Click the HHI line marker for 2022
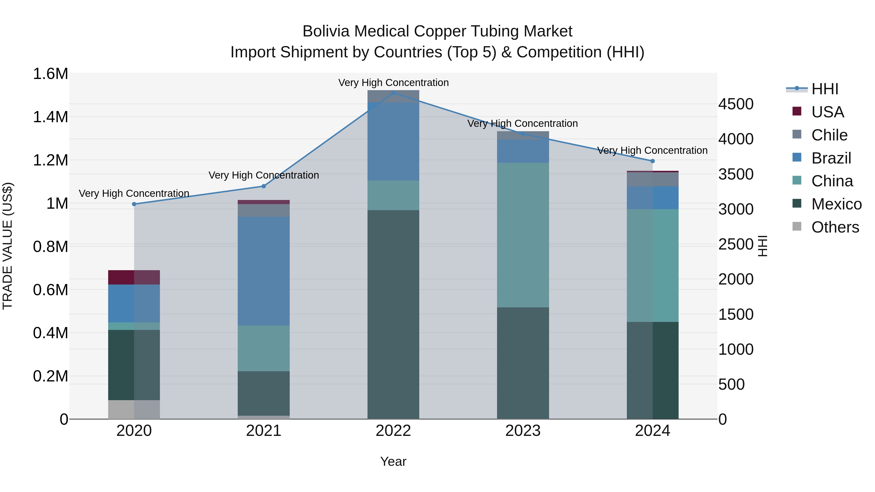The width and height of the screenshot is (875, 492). [393, 93]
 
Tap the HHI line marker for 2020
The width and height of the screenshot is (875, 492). [134, 204]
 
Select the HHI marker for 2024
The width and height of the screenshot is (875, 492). [653, 161]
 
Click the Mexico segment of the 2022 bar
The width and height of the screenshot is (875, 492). [393, 314]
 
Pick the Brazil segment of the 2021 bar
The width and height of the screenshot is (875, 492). [263, 271]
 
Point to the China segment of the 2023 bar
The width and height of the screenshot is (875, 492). [523, 235]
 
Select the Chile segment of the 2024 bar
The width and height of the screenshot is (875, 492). [653, 179]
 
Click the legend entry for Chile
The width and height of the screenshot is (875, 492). [829, 135]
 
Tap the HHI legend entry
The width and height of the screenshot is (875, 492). [825, 89]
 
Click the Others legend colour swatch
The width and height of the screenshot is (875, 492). [796, 226]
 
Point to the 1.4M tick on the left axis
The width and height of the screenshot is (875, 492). [51, 117]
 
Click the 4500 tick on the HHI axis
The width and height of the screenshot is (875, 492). [736, 104]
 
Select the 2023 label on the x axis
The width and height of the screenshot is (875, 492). [523, 431]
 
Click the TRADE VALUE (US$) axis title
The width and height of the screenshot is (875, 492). [8, 246]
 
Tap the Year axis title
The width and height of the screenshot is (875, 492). [393, 461]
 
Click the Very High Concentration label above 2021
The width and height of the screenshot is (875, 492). [263, 175]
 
